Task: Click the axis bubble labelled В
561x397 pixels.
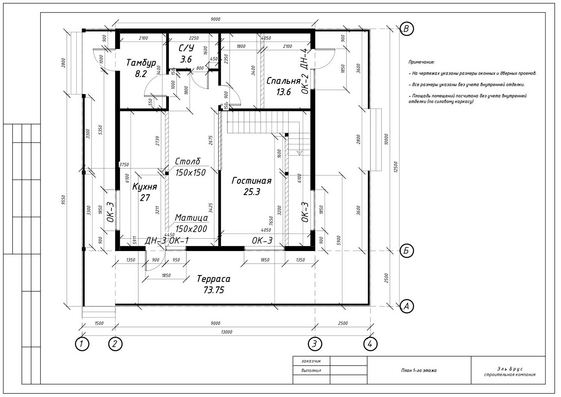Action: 407,29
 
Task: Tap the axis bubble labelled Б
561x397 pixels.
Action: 407,251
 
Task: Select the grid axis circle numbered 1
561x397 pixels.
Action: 82,344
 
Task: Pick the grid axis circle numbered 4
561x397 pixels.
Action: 370,344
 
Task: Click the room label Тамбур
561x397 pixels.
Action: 141,63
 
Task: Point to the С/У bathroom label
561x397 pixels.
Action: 186,48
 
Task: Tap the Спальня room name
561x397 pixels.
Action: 283,81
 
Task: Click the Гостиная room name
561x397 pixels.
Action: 251,181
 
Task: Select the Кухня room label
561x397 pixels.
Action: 144,187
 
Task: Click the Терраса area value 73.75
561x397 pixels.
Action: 214,290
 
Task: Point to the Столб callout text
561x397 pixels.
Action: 188,161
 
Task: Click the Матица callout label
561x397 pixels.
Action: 191,218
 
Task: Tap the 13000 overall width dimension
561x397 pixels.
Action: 227,332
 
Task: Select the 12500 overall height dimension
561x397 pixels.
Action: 396,167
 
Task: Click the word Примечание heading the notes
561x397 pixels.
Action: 421,62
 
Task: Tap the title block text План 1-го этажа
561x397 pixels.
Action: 419,371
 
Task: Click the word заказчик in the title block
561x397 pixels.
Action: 311,361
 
